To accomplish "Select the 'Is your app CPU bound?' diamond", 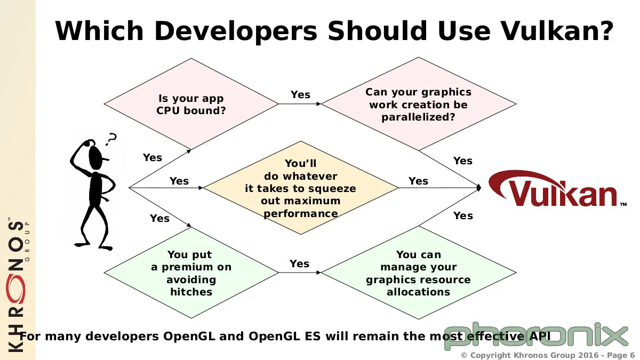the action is (x=191, y=104).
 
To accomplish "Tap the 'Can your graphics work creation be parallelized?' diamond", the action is (x=419, y=104).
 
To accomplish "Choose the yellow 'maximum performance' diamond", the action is (x=301, y=188).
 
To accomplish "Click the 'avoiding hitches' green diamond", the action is (x=191, y=273).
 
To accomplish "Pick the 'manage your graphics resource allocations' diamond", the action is (x=419, y=273).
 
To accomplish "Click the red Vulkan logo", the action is (x=557, y=189).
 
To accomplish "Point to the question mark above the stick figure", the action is (x=111, y=139).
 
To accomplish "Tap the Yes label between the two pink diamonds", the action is (x=300, y=94).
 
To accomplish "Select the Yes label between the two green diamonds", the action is (x=299, y=263).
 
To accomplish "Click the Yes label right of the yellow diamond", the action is (x=418, y=181).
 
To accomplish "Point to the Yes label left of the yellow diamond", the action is (x=179, y=181).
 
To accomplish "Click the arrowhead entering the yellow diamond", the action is (x=201, y=188).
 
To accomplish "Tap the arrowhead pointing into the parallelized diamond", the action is (x=319, y=104).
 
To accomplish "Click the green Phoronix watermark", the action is (x=537, y=337).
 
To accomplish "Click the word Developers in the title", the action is (x=236, y=31).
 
